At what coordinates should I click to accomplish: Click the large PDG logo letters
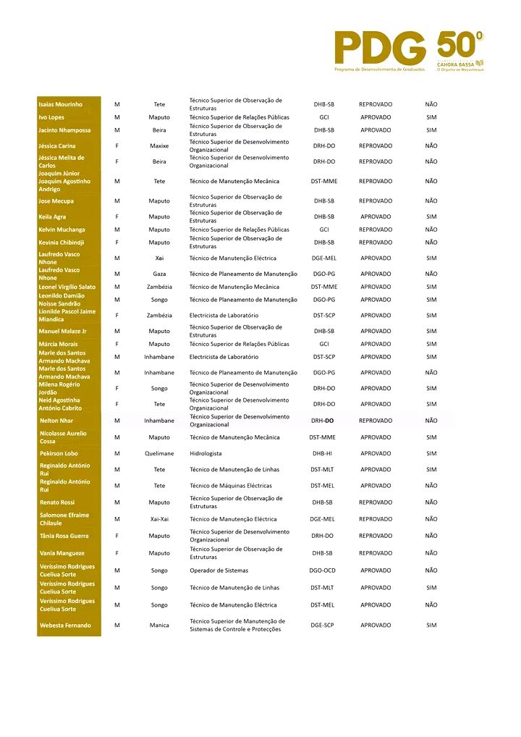coord(380,48)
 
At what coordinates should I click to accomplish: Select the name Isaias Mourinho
coord(60,104)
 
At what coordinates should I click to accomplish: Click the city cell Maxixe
coord(159,146)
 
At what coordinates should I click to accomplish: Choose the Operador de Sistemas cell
coord(219,570)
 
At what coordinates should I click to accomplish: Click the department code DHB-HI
coord(323,453)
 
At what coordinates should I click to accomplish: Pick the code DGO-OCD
coord(323,570)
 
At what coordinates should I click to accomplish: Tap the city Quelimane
coord(159,453)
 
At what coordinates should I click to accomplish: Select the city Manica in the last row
coord(159,625)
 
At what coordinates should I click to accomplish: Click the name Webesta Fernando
coord(65,625)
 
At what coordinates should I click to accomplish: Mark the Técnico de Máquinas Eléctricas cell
coord(231,486)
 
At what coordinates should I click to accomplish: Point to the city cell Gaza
coord(159,274)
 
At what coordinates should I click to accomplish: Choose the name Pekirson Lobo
coord(58,453)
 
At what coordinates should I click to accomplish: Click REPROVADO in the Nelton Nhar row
coord(376,421)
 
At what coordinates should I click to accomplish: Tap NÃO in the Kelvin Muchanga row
coord(431,229)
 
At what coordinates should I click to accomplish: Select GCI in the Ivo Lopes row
coord(323,117)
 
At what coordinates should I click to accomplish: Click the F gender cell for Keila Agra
coord(117,216)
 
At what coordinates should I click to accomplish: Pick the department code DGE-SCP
coord(322,625)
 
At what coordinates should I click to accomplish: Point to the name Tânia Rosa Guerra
coord(64,536)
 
